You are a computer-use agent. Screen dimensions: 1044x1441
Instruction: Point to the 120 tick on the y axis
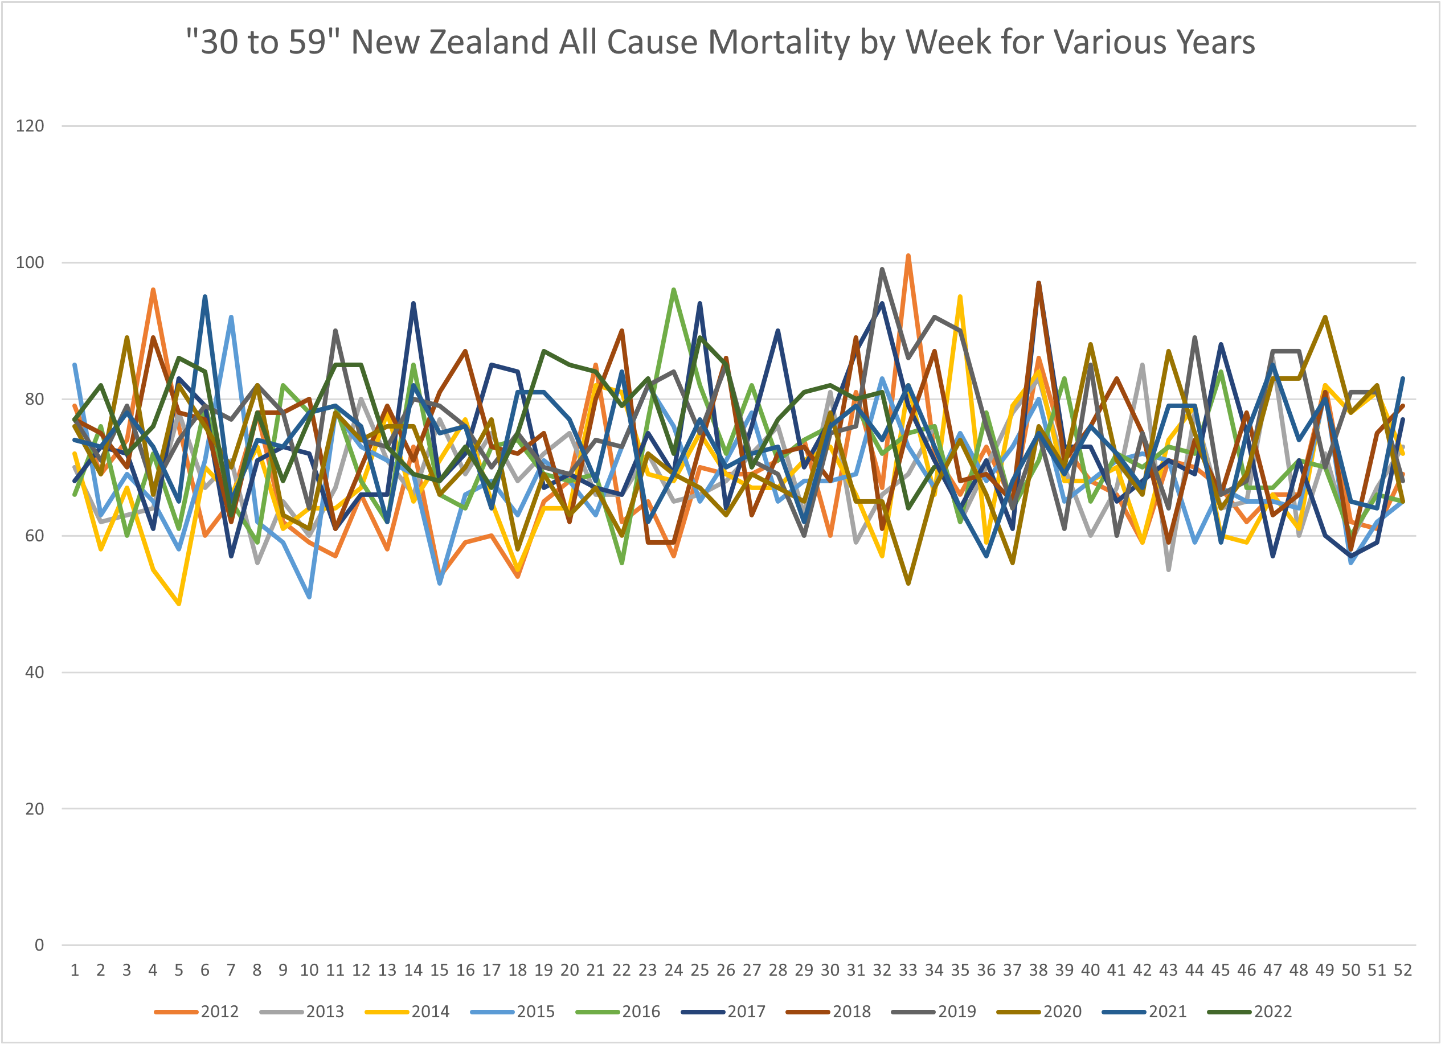[x=30, y=126]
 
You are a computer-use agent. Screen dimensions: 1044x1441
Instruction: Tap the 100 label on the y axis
[x=30, y=262]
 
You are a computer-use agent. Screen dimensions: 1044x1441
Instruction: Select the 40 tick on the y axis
[x=34, y=672]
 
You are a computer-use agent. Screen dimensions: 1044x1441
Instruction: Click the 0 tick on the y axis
[x=39, y=945]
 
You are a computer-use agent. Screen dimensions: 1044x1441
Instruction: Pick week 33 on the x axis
[x=908, y=971]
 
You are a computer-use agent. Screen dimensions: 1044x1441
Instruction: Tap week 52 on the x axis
[x=1403, y=971]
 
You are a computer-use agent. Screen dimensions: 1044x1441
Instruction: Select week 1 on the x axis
[x=75, y=971]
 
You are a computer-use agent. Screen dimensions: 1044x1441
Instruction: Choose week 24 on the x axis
[x=673, y=971]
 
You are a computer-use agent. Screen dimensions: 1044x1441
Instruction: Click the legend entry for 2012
[x=197, y=1012]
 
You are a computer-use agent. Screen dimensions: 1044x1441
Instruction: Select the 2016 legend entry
[x=617, y=1012]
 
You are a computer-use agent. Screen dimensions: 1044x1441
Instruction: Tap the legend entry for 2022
[x=1250, y=1012]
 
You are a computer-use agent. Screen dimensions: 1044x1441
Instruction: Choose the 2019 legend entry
[x=934, y=1012]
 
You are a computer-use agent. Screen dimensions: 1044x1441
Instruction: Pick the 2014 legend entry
[x=407, y=1012]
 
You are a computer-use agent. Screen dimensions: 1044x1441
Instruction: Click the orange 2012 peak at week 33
[x=908, y=256]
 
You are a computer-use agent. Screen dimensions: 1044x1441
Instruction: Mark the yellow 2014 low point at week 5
[x=179, y=603]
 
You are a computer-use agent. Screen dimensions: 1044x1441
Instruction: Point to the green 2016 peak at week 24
[x=673, y=290]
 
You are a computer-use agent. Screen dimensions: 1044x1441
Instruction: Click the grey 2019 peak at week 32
[x=882, y=269]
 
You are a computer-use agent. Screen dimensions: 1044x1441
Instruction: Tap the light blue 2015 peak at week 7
[x=231, y=317]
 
